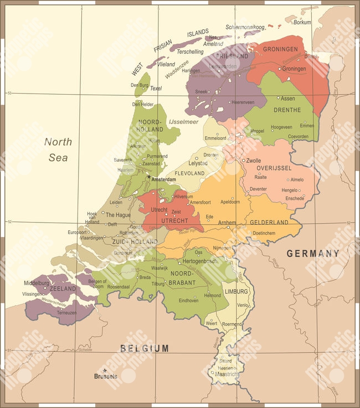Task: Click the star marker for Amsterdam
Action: click(148, 177)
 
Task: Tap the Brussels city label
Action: click(105, 376)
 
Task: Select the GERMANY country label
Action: click(312, 254)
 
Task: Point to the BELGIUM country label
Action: click(145, 348)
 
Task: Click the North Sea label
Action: click(58, 149)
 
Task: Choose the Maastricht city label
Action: click(227, 375)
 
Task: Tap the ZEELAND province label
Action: click(63, 289)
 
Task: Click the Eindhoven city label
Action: click(188, 301)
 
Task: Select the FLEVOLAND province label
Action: click(189, 173)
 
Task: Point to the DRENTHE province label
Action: click(287, 110)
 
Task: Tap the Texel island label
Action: click(156, 88)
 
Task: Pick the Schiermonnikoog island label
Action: click(245, 27)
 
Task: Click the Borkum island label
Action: click(302, 23)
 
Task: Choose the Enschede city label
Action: click(295, 198)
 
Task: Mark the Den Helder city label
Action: click(142, 104)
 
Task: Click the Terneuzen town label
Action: click(66, 312)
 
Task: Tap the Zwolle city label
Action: click(253, 161)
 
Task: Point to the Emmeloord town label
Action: click(215, 138)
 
